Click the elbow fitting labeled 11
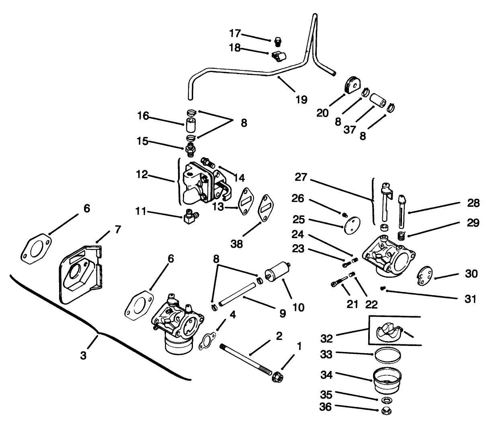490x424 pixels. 189,218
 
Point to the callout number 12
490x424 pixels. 143,175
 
